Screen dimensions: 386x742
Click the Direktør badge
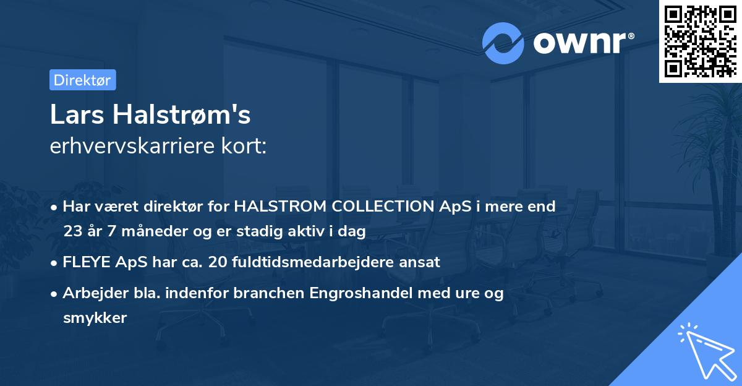click(x=82, y=80)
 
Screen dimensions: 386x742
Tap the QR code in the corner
click(x=700, y=41)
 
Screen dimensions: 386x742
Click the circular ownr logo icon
click(x=503, y=43)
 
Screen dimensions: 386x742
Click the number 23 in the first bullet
click(x=72, y=231)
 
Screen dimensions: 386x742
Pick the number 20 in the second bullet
click(x=218, y=262)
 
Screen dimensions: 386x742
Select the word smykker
click(x=95, y=318)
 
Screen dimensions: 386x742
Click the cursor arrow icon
click(x=704, y=349)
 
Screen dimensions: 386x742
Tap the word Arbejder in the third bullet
click(x=89, y=293)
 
